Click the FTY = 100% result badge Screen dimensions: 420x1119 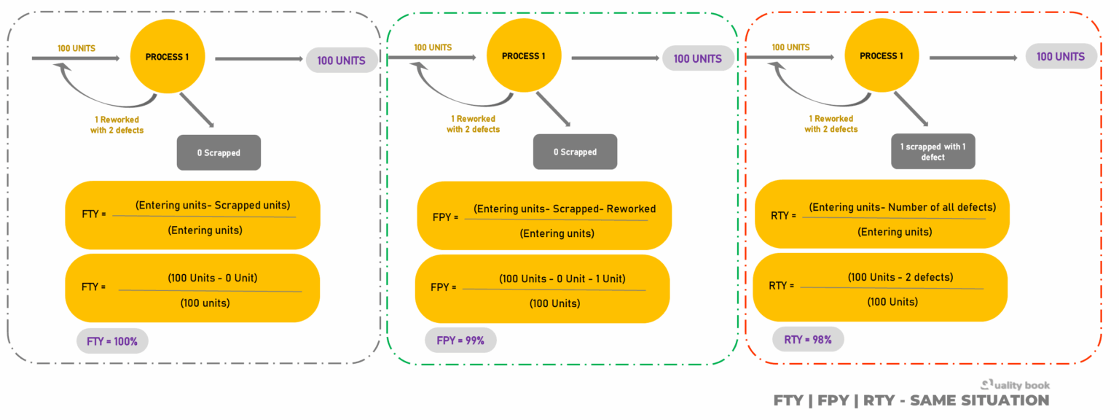point(112,341)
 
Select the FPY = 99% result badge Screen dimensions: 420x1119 point(460,340)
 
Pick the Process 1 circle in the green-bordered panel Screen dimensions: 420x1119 point(523,56)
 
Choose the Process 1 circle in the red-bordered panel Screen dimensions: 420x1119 point(881,56)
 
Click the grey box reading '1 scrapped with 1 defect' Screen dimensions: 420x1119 point(932,152)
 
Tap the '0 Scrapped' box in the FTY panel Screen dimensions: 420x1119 point(219,153)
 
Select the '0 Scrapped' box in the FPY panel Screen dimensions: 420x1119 point(575,152)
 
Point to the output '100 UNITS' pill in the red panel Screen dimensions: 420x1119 point(1061,56)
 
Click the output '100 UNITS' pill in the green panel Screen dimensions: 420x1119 point(697,58)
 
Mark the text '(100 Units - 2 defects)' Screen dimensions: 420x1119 point(900,277)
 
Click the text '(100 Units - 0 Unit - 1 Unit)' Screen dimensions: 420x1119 point(562,279)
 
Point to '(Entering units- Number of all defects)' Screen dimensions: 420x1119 point(902,207)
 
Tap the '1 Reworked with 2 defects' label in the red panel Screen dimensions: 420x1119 point(831,124)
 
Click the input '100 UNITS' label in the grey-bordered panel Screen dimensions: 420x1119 point(76,48)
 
